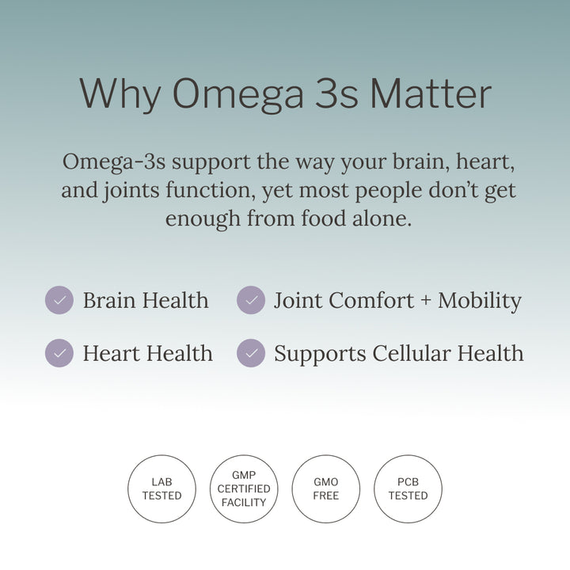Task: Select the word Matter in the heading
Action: (430, 94)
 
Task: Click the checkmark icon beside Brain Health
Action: (59, 301)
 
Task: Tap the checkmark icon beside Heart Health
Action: (59, 353)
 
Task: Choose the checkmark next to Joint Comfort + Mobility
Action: (251, 301)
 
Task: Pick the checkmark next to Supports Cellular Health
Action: (251, 353)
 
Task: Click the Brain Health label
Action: (146, 301)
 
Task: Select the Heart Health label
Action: (147, 353)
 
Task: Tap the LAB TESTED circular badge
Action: (161, 488)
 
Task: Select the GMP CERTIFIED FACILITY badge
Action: (244, 488)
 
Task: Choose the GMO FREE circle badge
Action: (325, 488)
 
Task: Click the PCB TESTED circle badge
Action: (408, 488)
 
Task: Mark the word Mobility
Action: (480, 302)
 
